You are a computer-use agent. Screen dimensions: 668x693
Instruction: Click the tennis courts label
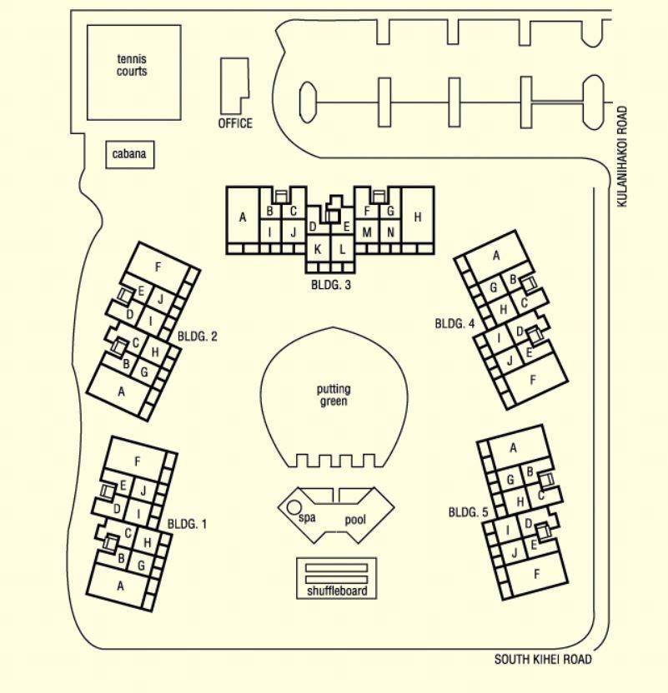click(132, 65)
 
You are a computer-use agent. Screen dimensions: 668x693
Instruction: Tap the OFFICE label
click(235, 123)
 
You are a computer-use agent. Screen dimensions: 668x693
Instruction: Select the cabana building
click(130, 154)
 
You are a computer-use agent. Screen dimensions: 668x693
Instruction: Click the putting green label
click(334, 395)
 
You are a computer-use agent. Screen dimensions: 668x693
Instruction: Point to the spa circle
click(293, 507)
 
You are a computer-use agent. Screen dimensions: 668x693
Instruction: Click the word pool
click(355, 520)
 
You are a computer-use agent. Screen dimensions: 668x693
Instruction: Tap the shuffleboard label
click(337, 591)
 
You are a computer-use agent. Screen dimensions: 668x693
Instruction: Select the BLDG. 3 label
click(331, 285)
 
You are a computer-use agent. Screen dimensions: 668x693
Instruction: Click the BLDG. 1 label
click(187, 525)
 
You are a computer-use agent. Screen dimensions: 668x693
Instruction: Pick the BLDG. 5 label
click(469, 513)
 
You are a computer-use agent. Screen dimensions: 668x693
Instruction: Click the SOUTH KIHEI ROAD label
click(543, 660)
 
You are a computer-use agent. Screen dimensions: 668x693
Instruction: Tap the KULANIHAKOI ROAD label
click(622, 157)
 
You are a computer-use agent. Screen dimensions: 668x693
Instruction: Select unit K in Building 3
click(318, 249)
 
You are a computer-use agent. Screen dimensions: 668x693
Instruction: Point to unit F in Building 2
click(158, 267)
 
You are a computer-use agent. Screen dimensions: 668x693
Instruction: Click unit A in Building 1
click(120, 586)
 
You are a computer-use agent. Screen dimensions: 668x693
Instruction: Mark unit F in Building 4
click(533, 380)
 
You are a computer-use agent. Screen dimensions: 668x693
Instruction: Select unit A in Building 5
click(513, 448)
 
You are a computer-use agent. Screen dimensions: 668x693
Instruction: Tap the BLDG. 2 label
click(198, 337)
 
